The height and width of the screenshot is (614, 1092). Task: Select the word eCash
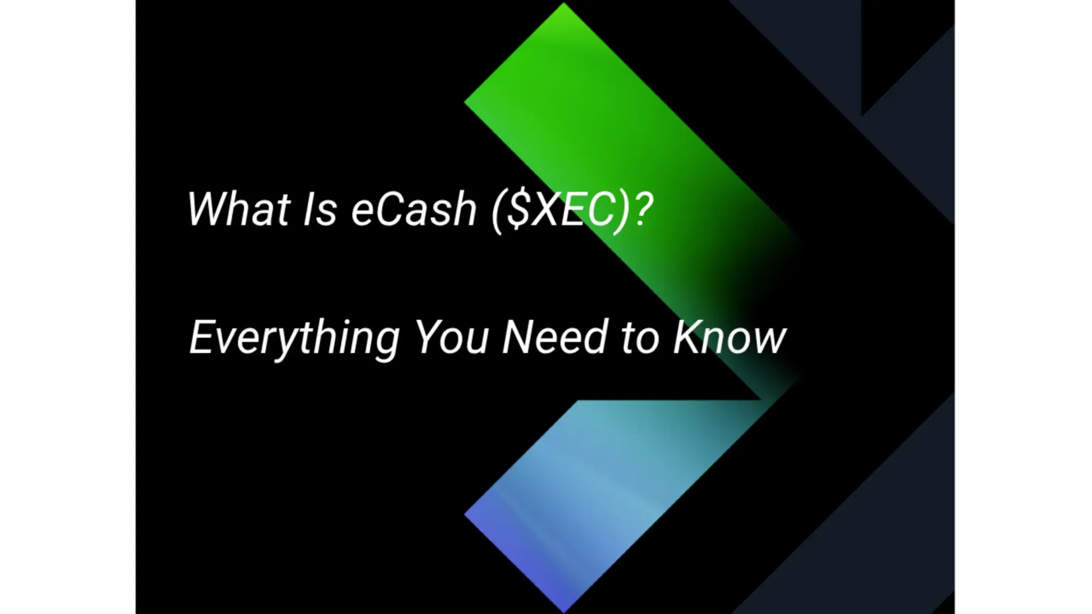pos(414,209)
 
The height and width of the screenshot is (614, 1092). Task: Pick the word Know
pos(729,337)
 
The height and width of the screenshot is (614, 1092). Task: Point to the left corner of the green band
pos(466,102)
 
